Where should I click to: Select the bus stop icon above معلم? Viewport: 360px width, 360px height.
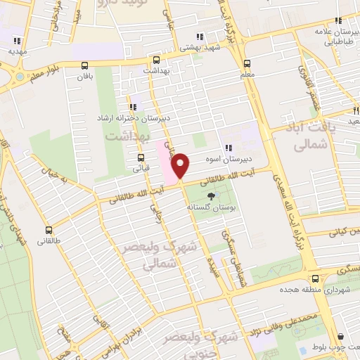click(247, 61)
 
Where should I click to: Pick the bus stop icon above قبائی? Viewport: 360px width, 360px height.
click(141, 157)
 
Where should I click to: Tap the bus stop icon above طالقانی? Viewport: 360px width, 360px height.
click(49, 230)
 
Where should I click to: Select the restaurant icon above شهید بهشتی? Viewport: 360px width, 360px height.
click(200, 37)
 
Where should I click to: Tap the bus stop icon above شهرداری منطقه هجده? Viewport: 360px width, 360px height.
click(316, 279)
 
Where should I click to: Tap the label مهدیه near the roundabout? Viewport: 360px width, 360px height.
click(18, 51)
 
